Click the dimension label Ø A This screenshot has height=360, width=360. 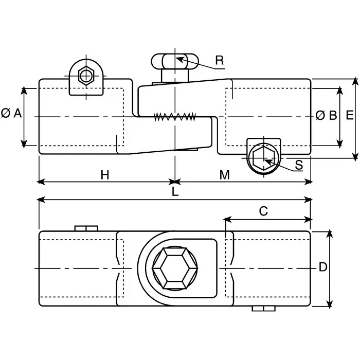(11, 114)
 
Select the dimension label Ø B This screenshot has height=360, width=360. (326, 115)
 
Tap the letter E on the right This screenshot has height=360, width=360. (349, 115)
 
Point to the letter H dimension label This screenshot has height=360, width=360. (105, 175)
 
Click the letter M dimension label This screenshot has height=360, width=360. (224, 175)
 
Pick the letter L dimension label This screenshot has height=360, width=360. (175, 191)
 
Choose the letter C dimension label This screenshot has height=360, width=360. (263, 211)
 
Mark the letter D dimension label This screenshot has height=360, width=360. (323, 267)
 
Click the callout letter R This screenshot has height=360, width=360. (220, 60)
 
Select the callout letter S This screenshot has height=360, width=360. (299, 165)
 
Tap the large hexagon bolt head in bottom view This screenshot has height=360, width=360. (175, 268)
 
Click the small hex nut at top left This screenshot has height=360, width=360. (86, 75)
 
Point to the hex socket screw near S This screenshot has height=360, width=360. (264, 158)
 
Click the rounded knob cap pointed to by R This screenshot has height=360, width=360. (175, 61)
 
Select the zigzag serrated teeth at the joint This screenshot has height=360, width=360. (175, 117)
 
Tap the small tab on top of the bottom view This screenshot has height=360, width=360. (86, 228)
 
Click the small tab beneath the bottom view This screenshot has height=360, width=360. (263, 309)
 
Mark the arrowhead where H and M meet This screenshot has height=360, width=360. (175, 182)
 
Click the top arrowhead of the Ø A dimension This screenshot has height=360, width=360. (24, 91)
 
